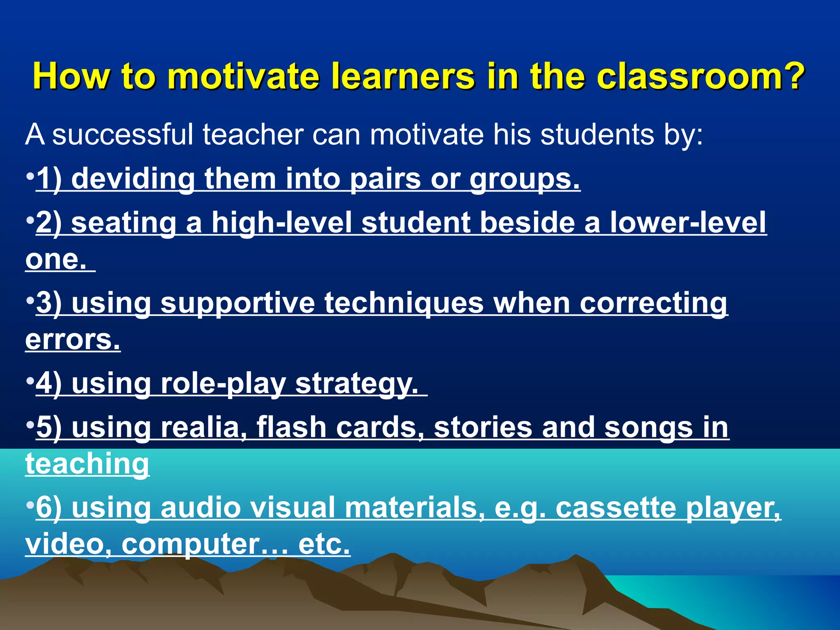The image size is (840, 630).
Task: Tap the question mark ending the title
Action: tap(795, 76)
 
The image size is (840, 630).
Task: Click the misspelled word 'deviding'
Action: tap(133, 179)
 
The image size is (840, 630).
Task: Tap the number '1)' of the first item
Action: tap(49, 179)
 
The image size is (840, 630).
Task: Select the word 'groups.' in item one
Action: tap(525, 179)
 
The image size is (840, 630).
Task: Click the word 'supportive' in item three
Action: tap(237, 303)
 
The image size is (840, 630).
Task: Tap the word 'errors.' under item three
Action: tap(73, 340)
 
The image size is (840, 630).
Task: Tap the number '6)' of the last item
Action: tap(49, 508)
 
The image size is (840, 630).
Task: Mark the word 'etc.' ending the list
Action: tap(324, 544)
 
